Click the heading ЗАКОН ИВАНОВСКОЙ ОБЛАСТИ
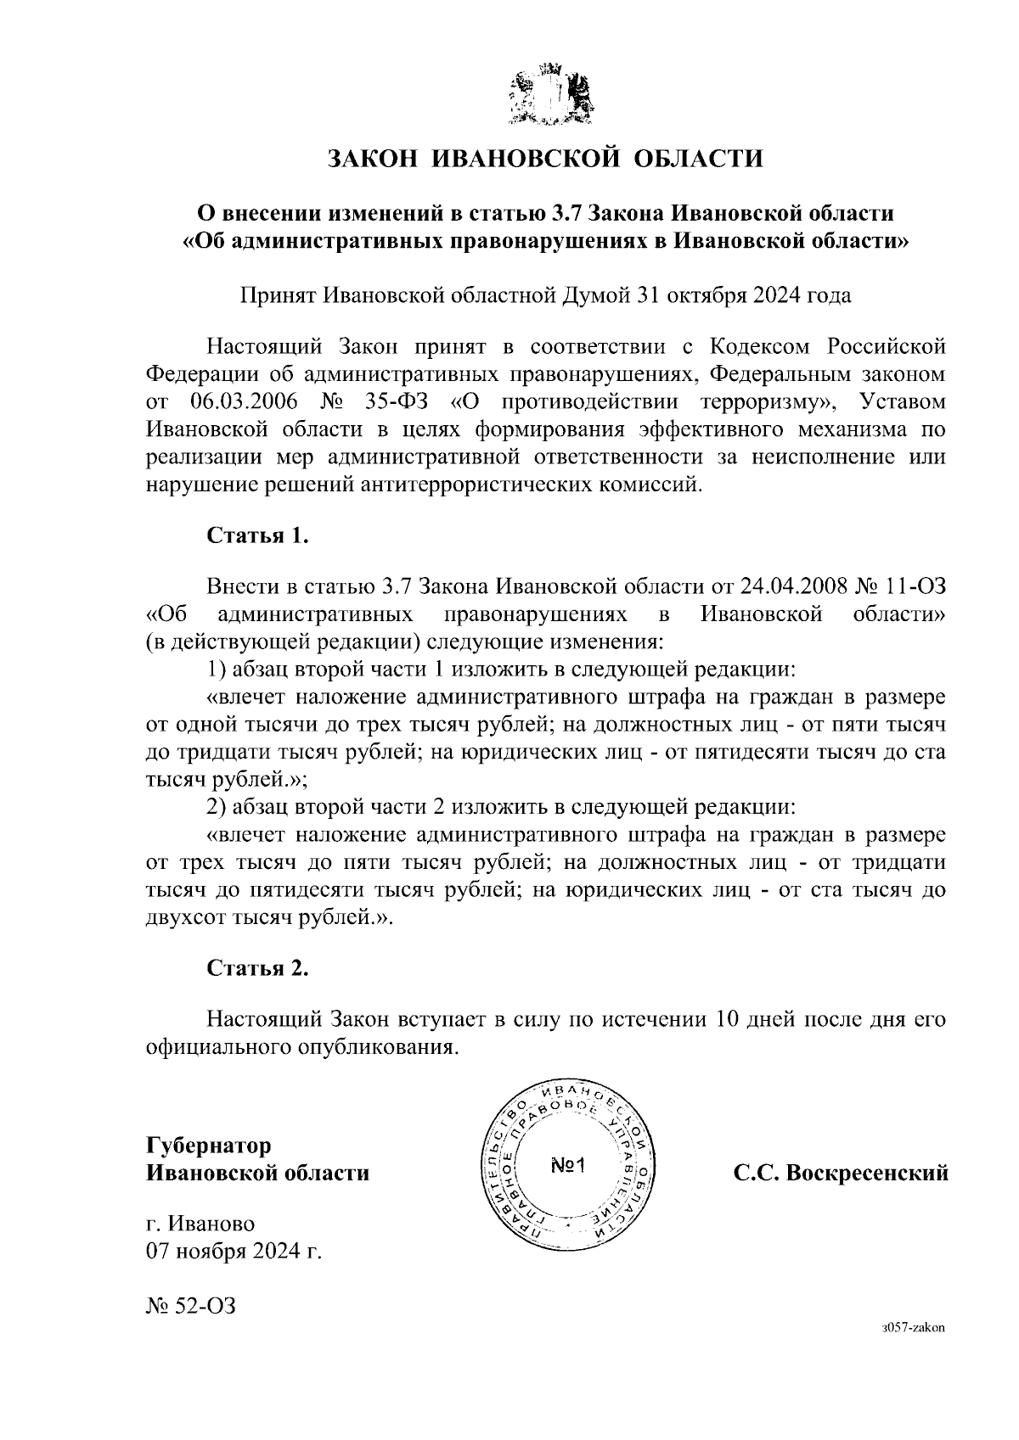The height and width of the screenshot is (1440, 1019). pos(546,159)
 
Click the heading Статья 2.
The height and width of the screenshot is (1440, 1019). pos(257,969)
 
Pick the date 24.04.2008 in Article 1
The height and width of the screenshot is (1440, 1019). pos(790,586)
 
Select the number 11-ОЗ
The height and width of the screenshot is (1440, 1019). pos(915,586)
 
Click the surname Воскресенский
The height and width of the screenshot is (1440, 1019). pos(867,1174)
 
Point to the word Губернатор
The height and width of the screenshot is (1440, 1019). pos(209,1146)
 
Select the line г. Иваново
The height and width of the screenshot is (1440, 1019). pos(200,1224)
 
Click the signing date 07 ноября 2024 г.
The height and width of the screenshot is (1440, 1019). pos(234,1252)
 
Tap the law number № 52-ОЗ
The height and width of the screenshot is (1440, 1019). pos(190,1306)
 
